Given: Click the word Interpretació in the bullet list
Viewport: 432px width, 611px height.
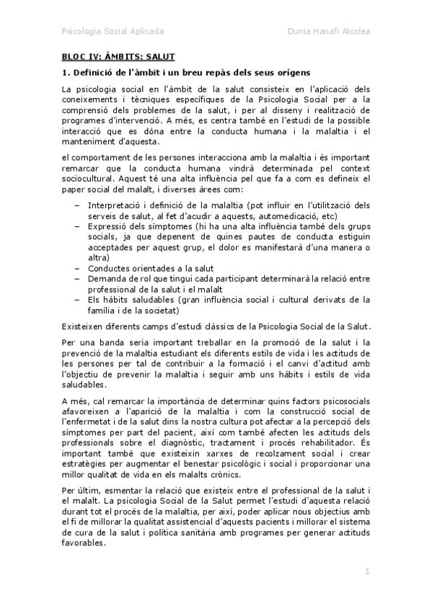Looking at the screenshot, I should tap(118, 205).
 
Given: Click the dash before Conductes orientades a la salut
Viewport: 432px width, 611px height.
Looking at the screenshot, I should tap(77, 267).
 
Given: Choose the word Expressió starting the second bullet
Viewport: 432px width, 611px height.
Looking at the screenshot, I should tap(111, 226).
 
